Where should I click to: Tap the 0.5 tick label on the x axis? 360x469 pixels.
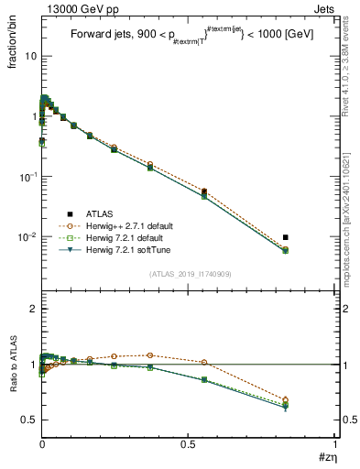189,443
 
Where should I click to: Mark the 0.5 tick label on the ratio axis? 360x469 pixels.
29,420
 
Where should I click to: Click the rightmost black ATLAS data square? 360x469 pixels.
311,237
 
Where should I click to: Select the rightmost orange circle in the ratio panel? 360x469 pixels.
311,399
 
